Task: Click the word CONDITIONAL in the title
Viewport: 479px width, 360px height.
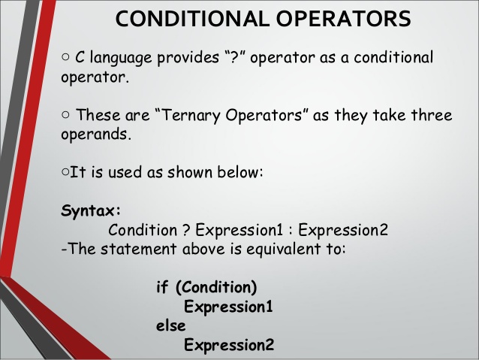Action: (183, 19)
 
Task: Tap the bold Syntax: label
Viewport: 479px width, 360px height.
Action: (91, 210)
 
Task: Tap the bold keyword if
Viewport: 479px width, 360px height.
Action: (161, 287)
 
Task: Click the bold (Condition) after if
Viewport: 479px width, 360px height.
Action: (215, 287)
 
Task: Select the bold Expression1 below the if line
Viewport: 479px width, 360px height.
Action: (228, 307)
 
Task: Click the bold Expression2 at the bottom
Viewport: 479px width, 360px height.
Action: (229, 345)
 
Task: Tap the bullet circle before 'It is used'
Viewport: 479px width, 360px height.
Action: (65, 172)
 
